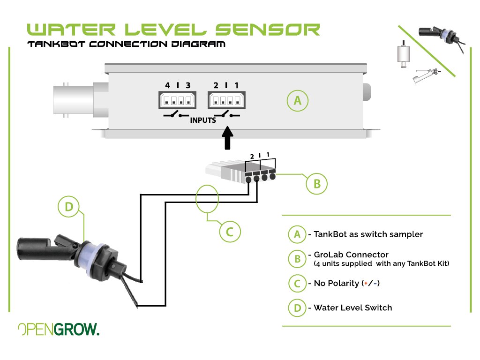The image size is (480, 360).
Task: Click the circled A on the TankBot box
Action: tap(297, 100)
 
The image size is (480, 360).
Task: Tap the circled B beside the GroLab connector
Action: tap(316, 184)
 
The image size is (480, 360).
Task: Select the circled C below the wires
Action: tap(230, 231)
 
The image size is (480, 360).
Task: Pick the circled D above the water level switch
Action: tap(69, 207)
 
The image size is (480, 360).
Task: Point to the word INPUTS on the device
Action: tap(203, 120)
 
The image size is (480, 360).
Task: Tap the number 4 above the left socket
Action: tap(167, 85)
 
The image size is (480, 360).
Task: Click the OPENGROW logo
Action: tap(59, 330)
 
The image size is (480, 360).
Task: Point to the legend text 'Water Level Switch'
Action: tap(352, 308)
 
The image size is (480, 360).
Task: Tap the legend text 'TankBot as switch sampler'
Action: tap(368, 234)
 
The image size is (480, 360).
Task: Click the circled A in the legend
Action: tap(297, 234)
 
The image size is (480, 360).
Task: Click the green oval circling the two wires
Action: tap(207, 199)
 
